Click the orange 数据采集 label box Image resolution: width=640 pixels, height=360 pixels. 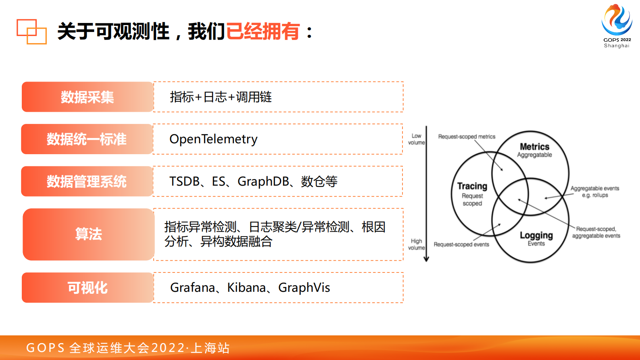point(88,97)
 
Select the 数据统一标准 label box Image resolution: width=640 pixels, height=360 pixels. point(87,139)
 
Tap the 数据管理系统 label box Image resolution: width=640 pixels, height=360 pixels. point(87,181)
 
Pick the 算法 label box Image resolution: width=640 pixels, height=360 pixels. point(89,234)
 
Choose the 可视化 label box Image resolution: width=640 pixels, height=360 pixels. point(88,287)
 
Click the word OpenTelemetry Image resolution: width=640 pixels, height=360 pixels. point(213,140)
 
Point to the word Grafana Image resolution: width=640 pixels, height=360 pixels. point(193,288)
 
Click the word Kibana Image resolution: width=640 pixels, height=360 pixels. point(246,288)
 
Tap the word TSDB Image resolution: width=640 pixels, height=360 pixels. point(184,181)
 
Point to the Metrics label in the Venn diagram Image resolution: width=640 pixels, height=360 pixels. point(535,147)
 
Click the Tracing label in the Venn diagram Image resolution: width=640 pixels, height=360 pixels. point(472,186)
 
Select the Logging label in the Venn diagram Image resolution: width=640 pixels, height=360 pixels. point(536,235)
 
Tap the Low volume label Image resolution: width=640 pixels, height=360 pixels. point(416,139)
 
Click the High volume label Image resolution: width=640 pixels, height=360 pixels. point(416,245)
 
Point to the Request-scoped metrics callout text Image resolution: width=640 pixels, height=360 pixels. point(467,137)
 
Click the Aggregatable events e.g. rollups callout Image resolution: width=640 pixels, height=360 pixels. point(595,192)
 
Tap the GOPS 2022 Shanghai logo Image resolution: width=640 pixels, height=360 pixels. point(617,26)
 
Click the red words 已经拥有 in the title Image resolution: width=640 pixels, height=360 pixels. point(263,31)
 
